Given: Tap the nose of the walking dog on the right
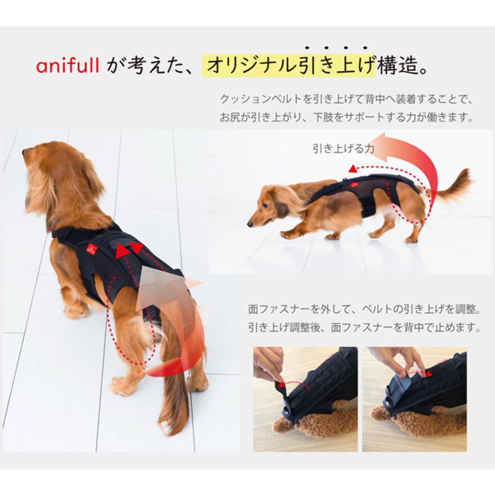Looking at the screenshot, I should click(x=250, y=224).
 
